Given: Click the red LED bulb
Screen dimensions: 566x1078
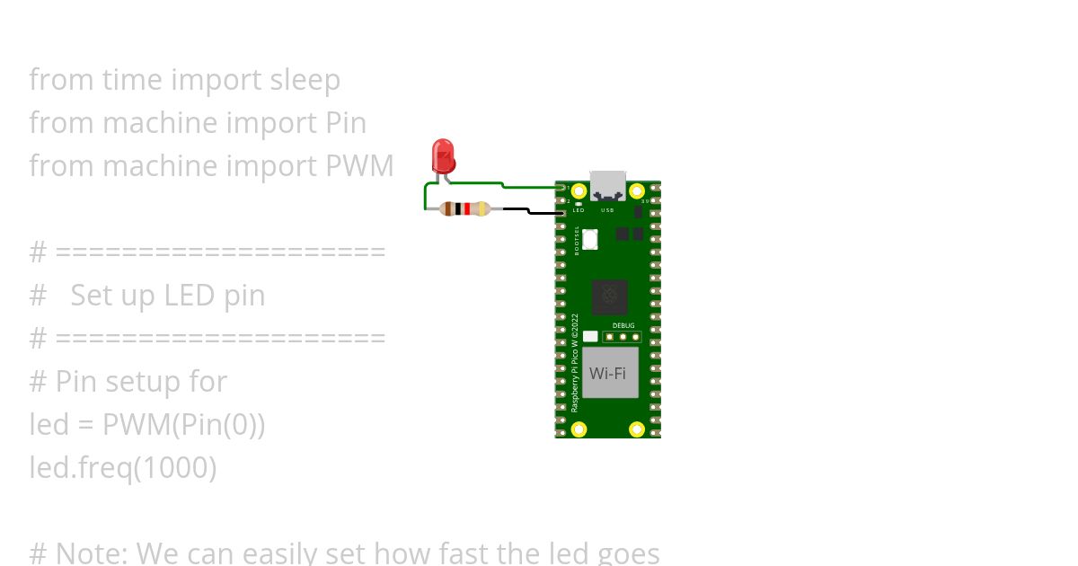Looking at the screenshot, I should pos(443,155).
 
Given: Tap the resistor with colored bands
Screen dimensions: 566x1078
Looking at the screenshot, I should pos(465,209).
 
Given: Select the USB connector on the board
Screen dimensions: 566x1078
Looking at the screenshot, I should pos(607,185).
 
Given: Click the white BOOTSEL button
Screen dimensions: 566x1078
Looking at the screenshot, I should pos(590,240).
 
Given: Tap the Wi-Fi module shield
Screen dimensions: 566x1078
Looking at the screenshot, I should pos(609,373).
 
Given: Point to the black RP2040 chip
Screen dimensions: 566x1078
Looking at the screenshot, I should pos(610,296).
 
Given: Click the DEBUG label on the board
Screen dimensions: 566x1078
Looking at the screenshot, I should pos(623,325).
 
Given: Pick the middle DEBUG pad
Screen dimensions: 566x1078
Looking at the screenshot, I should pos(623,338).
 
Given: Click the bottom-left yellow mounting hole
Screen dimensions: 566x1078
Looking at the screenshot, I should pos(579,429).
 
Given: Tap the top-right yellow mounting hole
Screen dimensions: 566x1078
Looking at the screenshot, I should pos(637,191).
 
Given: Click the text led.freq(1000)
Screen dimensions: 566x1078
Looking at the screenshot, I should pos(123,468).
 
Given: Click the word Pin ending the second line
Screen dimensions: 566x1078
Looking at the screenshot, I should pos(343,123).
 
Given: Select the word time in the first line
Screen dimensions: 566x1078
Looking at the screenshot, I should pos(132,80).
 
